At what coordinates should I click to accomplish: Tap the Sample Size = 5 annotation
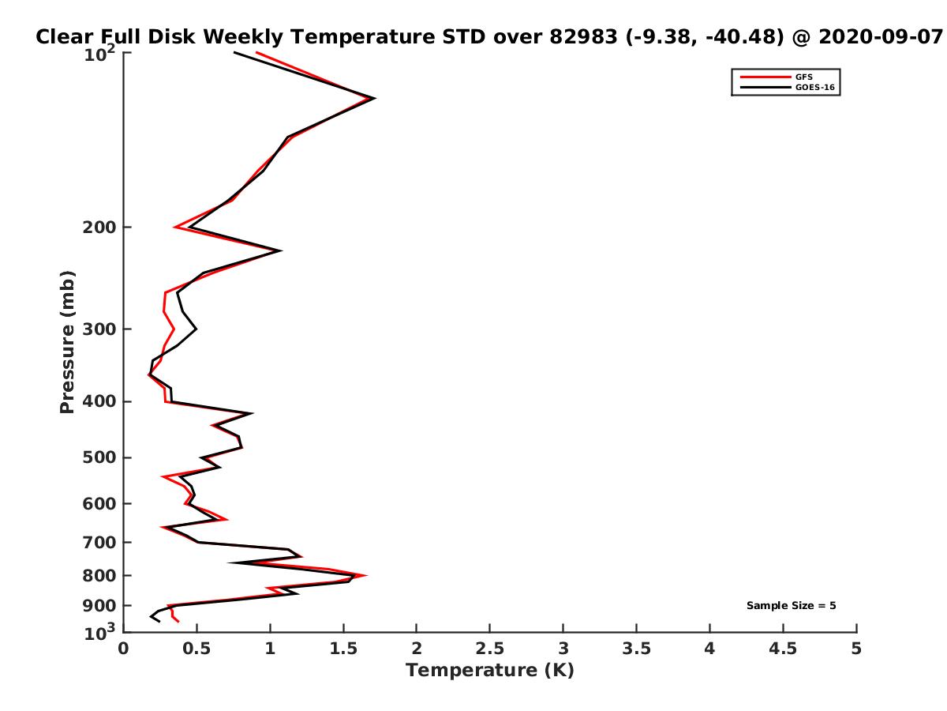click(x=791, y=606)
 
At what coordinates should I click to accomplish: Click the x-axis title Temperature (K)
click(x=489, y=671)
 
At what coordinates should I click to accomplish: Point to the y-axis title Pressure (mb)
click(x=67, y=342)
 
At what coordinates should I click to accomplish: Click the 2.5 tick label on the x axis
click(x=489, y=649)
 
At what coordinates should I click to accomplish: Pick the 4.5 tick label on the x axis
click(x=783, y=649)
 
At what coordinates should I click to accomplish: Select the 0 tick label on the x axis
click(x=124, y=649)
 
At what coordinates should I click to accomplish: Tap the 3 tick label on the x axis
click(x=563, y=649)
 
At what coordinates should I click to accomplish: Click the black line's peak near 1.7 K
click(x=375, y=98)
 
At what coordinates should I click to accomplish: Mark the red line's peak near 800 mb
click(x=366, y=576)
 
